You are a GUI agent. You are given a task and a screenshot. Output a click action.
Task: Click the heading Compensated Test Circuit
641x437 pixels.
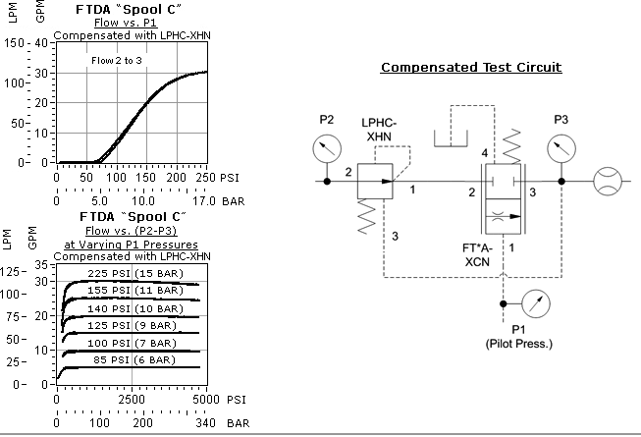[x=471, y=68]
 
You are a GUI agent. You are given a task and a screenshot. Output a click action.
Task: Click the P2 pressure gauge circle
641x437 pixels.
[x=327, y=149]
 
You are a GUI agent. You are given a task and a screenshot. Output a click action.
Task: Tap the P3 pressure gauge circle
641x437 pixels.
[x=561, y=149]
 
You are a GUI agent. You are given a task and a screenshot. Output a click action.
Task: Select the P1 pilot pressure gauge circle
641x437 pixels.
[x=535, y=302]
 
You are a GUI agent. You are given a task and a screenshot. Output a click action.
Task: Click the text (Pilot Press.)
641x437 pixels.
[x=519, y=344]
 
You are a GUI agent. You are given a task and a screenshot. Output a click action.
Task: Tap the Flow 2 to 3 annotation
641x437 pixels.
[x=119, y=61]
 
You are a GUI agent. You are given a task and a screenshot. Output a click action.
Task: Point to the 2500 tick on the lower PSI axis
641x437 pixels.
[x=132, y=401]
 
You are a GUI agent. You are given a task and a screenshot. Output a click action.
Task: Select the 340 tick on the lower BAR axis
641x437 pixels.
[x=204, y=422]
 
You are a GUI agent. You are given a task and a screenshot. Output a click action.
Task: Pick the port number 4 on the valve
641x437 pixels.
[x=483, y=154]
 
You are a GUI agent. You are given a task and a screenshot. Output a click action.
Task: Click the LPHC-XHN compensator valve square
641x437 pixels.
[x=375, y=182]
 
